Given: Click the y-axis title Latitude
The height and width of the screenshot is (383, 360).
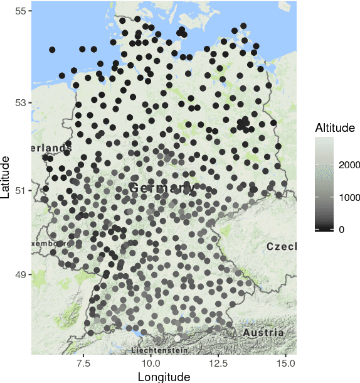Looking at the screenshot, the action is [x=6, y=178].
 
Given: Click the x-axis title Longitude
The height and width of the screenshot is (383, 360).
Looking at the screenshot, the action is [x=164, y=376].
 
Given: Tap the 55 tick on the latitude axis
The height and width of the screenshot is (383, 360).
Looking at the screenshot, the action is [x=21, y=11].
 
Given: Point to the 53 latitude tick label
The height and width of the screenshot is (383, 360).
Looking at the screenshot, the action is [x=21, y=102].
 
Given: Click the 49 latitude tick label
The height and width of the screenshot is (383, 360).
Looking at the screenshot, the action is [x=21, y=275].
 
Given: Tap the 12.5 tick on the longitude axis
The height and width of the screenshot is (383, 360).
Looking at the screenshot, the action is [x=218, y=363].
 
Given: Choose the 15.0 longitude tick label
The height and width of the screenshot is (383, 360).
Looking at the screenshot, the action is [x=286, y=363].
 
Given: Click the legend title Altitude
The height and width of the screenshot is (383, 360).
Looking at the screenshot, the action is [x=335, y=128].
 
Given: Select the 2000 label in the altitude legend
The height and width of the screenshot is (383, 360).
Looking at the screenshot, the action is [x=349, y=165].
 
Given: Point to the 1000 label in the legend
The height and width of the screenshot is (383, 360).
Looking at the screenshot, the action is [x=349, y=198].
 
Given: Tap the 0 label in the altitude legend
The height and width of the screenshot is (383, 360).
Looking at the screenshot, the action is [x=341, y=230].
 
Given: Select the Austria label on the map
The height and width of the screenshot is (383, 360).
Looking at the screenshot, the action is [x=263, y=332].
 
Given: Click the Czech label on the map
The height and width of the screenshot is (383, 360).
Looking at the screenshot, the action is [x=282, y=247].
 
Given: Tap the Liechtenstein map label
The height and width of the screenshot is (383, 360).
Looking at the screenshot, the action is [x=160, y=350].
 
